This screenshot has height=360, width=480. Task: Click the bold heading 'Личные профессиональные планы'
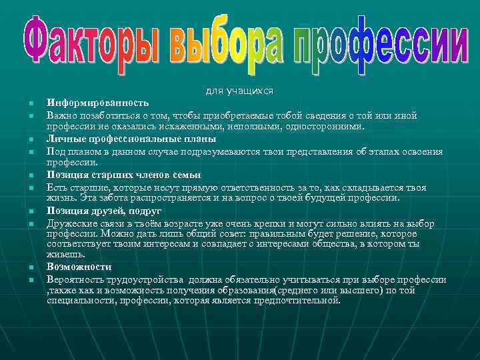[x=131, y=139]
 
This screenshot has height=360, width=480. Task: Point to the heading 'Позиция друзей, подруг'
[x=104, y=211]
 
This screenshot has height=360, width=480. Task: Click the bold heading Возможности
[x=74, y=266]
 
